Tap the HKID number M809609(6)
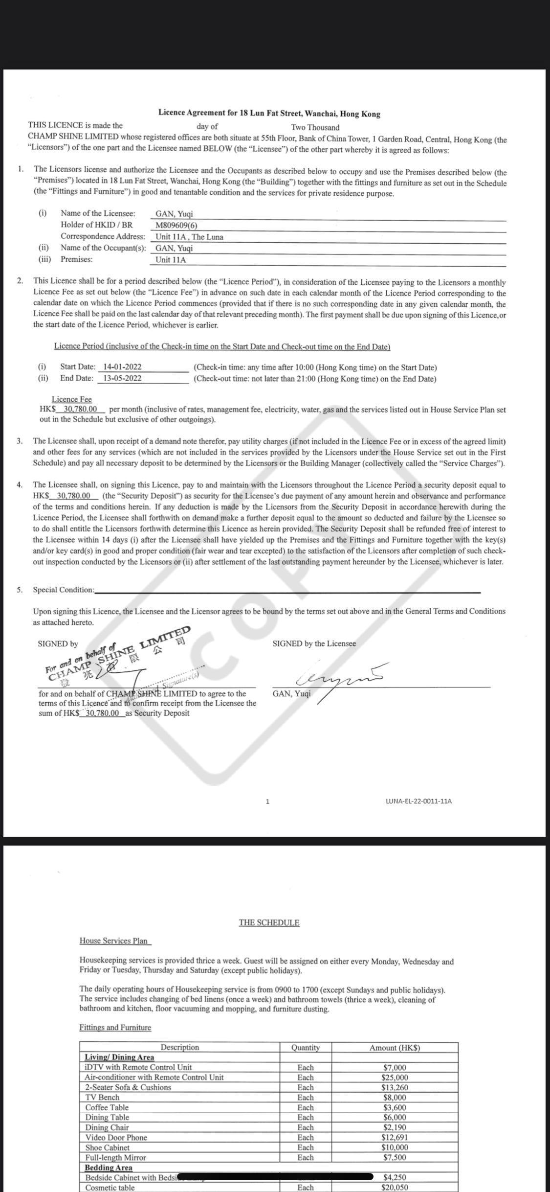click(x=176, y=225)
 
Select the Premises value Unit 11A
click(x=171, y=260)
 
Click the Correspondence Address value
click(x=189, y=237)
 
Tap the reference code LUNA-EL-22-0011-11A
click(x=418, y=801)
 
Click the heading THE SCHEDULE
click(x=269, y=922)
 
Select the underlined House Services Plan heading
click(x=115, y=940)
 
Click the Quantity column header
click(x=305, y=1048)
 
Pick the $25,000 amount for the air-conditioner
click(x=395, y=1077)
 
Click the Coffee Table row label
click(x=107, y=1107)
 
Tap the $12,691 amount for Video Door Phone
click(x=395, y=1137)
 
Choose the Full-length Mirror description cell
click(x=115, y=1157)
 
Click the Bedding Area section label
click(x=109, y=1168)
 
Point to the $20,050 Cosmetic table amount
click(x=395, y=1188)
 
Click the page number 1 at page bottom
click(x=267, y=802)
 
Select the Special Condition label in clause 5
click(x=64, y=590)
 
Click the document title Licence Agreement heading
click(x=269, y=114)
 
